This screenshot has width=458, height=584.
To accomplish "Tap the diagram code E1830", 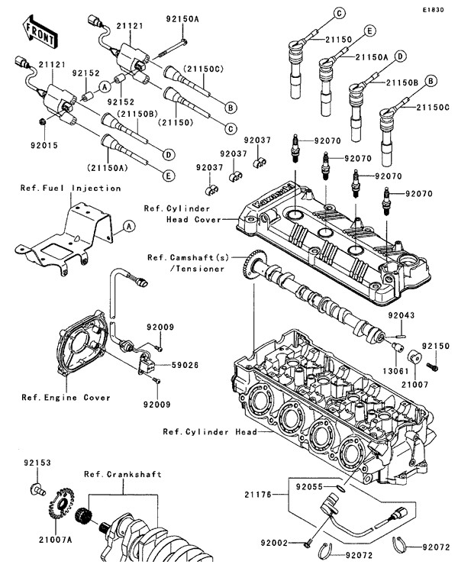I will coord(430,9).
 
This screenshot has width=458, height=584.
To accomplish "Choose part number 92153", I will coord(37,462).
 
